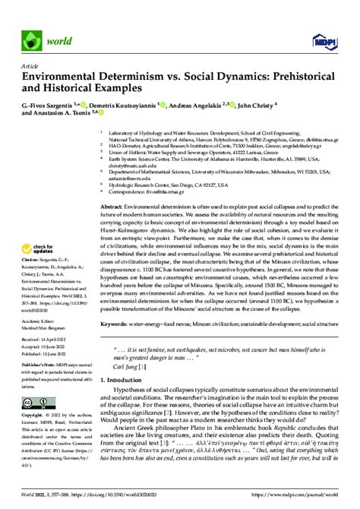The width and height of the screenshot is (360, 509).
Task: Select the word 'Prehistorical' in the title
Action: (305, 77)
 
